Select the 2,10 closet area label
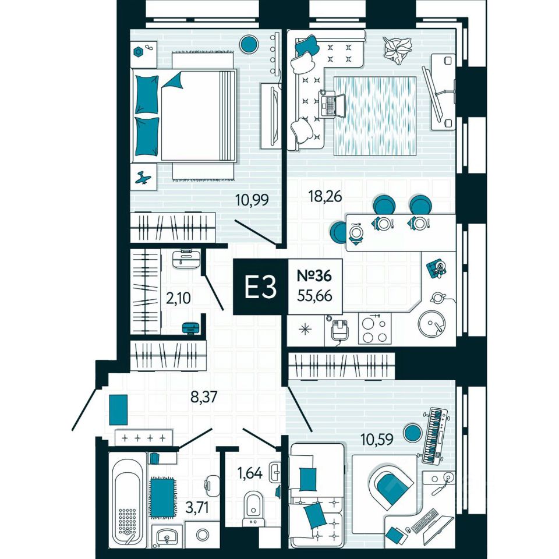click(x=179, y=299)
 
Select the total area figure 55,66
click(x=314, y=296)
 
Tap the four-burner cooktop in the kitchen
click(x=373, y=330)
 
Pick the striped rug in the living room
click(x=375, y=116)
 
